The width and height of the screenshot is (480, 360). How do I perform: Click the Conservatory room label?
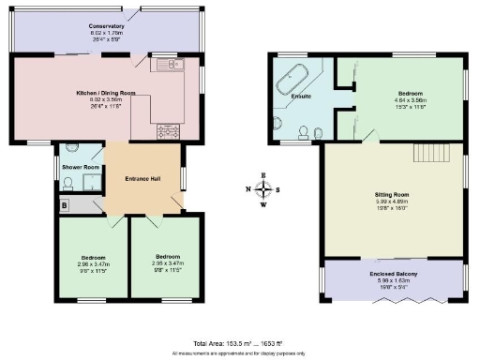pyautogui.click(x=106, y=26)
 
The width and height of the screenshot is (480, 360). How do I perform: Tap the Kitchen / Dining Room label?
pyautogui.click(x=106, y=93)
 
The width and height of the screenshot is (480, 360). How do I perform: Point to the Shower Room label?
pyautogui.click(x=81, y=167)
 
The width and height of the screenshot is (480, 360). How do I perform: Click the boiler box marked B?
pyautogui.click(x=64, y=203)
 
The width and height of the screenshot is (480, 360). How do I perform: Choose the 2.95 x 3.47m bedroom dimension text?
pyautogui.click(x=167, y=263)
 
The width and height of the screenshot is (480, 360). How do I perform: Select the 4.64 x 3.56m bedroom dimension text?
pyautogui.click(x=410, y=100)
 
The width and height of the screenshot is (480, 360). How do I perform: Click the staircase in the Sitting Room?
pyautogui.click(x=435, y=153)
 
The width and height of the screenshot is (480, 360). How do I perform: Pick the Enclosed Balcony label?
pyautogui.click(x=393, y=273)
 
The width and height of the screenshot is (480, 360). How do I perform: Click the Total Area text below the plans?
pyautogui.click(x=240, y=343)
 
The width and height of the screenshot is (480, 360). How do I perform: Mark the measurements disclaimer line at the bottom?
pyautogui.click(x=240, y=353)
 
